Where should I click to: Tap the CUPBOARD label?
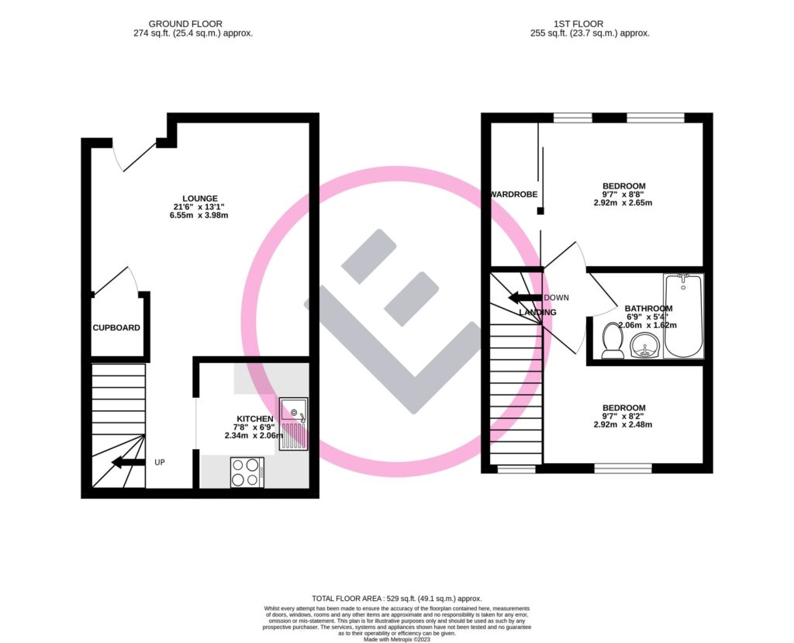(x=116, y=328)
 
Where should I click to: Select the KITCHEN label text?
(x=254, y=419)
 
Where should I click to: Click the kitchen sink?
(x=294, y=423)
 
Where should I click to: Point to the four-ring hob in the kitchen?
(x=247, y=472)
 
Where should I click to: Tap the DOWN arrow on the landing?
(x=524, y=298)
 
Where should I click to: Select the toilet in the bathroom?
(x=613, y=341)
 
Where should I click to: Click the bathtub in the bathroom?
(x=682, y=316)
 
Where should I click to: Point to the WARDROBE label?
(x=513, y=194)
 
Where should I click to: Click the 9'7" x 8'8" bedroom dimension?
(x=623, y=195)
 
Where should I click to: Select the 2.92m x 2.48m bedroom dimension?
(x=623, y=425)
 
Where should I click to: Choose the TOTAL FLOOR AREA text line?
(x=396, y=599)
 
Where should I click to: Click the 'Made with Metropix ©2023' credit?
(x=396, y=638)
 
